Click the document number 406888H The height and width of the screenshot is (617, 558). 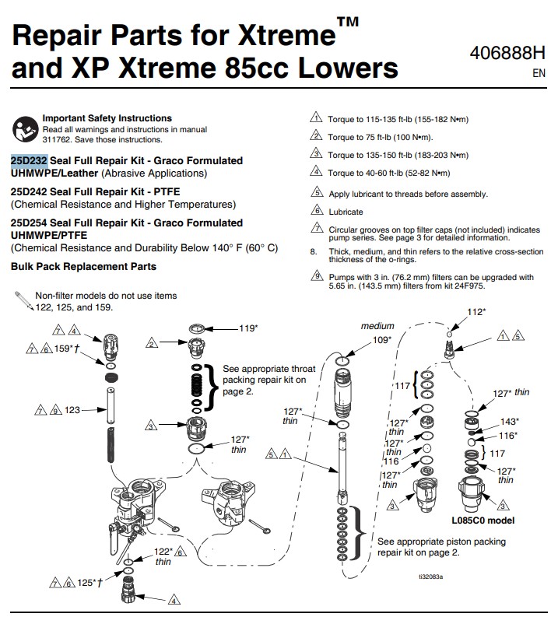click(508, 54)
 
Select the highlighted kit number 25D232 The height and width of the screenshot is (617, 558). click(29, 160)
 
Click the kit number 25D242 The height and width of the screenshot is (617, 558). click(29, 191)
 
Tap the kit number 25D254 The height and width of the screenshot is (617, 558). click(29, 223)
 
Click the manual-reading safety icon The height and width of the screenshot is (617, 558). click(24, 128)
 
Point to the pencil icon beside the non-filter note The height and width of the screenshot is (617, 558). click(23, 300)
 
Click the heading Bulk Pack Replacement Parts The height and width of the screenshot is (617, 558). click(83, 266)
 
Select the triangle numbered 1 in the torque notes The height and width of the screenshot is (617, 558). click(316, 118)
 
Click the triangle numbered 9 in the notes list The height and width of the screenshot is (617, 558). click(316, 276)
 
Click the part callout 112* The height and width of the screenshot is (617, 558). click(476, 312)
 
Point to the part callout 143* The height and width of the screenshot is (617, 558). click(510, 421)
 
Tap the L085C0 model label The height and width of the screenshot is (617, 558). click(483, 521)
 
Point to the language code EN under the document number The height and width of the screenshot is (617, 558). click(539, 74)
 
